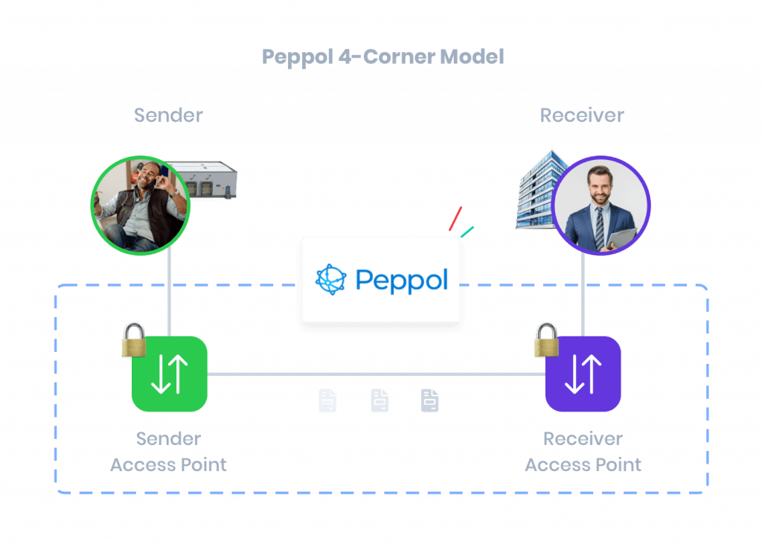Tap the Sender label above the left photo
tap(168, 115)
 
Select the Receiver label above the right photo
tap(582, 115)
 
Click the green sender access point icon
tap(170, 374)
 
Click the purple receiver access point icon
tap(583, 374)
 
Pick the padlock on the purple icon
tap(546, 340)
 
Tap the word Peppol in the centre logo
tap(402, 280)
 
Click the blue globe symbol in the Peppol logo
tap(331, 279)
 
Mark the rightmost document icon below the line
tap(430, 400)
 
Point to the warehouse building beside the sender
tap(202, 181)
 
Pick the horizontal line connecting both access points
tap(376, 374)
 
